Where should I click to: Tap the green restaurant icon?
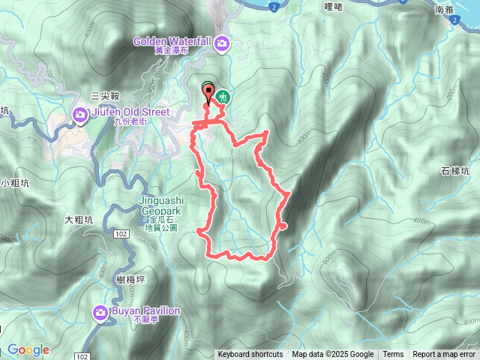coord(223,96)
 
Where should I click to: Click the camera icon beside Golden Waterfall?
coord(222,43)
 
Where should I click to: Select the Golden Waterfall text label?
coord(172,42)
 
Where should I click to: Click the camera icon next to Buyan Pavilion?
coord(100,312)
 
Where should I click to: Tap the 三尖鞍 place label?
coord(105,95)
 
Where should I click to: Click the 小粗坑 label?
coord(13,182)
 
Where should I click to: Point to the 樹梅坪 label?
coord(130,279)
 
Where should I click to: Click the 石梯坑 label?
coord(456,172)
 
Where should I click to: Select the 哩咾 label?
coord(334,7)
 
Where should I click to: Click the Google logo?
coord(28,349)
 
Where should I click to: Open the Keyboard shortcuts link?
coord(250,355)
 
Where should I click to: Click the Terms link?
coord(393,355)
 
